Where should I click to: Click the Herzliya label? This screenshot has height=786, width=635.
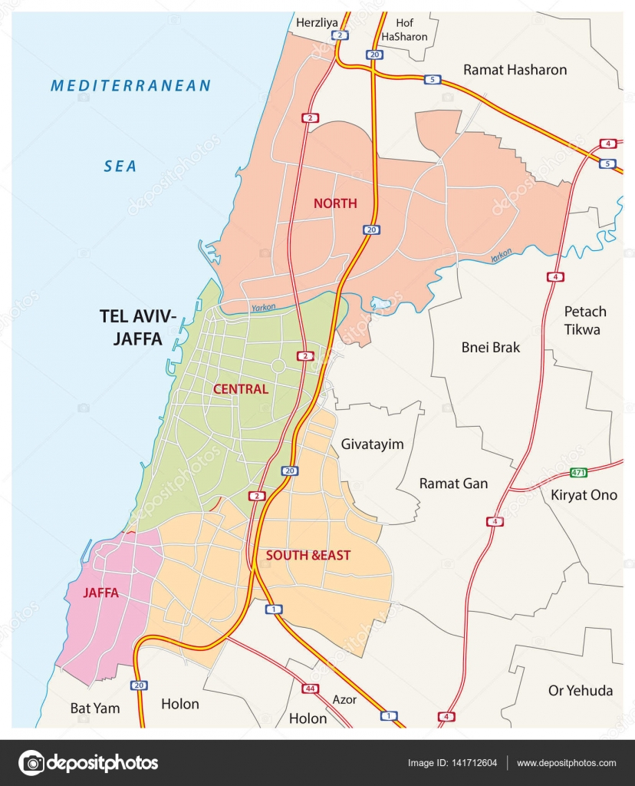click(x=317, y=23)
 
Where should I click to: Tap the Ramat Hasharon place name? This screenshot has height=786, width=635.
click(x=515, y=70)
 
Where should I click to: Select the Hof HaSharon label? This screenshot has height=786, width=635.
click(x=404, y=30)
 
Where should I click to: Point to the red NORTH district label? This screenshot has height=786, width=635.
click(x=334, y=203)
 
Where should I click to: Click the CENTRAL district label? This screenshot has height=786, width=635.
click(x=241, y=389)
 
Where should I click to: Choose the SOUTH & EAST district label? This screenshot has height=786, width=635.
click(x=308, y=554)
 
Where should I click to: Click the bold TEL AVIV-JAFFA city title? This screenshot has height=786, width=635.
click(x=138, y=326)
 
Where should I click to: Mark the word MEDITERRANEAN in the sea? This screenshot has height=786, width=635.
click(x=130, y=86)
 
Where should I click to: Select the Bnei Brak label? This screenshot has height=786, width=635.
click(x=491, y=348)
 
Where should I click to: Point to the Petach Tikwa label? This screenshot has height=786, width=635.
click(x=585, y=320)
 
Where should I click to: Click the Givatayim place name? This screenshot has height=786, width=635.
click(x=372, y=444)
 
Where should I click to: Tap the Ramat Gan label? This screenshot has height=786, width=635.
click(x=453, y=484)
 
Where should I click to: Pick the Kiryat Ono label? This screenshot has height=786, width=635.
click(x=584, y=495)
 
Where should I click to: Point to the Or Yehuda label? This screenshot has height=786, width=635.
click(x=581, y=691)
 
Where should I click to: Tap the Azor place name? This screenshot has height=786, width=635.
click(x=344, y=700)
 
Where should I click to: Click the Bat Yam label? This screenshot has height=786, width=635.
click(x=95, y=708)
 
